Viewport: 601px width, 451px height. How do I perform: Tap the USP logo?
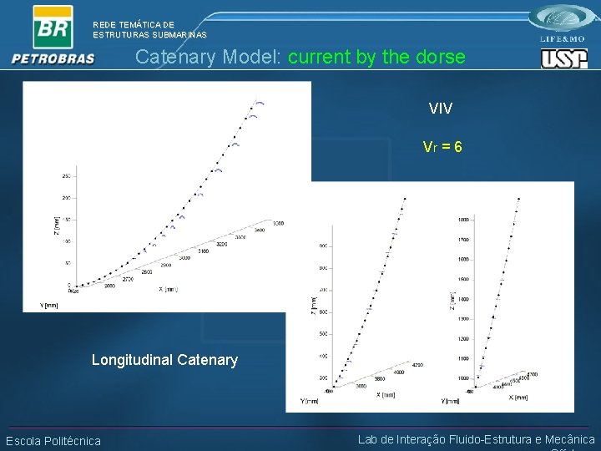coord(563,58)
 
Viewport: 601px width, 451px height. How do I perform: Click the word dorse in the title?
coord(441,58)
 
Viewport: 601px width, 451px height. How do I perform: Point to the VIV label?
coord(441,109)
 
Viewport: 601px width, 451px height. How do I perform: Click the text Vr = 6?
coord(442,147)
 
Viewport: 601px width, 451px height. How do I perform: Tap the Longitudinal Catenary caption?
coord(164,360)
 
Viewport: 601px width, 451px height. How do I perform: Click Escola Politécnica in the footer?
coord(53,441)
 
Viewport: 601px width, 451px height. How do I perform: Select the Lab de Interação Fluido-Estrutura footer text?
coord(476,439)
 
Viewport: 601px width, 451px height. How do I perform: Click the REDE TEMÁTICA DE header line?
coord(134,25)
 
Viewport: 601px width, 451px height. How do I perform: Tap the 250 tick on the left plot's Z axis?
coord(66,176)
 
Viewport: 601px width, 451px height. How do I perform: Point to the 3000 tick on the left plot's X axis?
coord(184,258)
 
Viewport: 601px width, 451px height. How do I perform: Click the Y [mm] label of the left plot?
coord(49,306)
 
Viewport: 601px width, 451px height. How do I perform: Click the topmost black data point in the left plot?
coord(251,107)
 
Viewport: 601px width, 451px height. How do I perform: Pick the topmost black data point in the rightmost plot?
coord(519,199)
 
